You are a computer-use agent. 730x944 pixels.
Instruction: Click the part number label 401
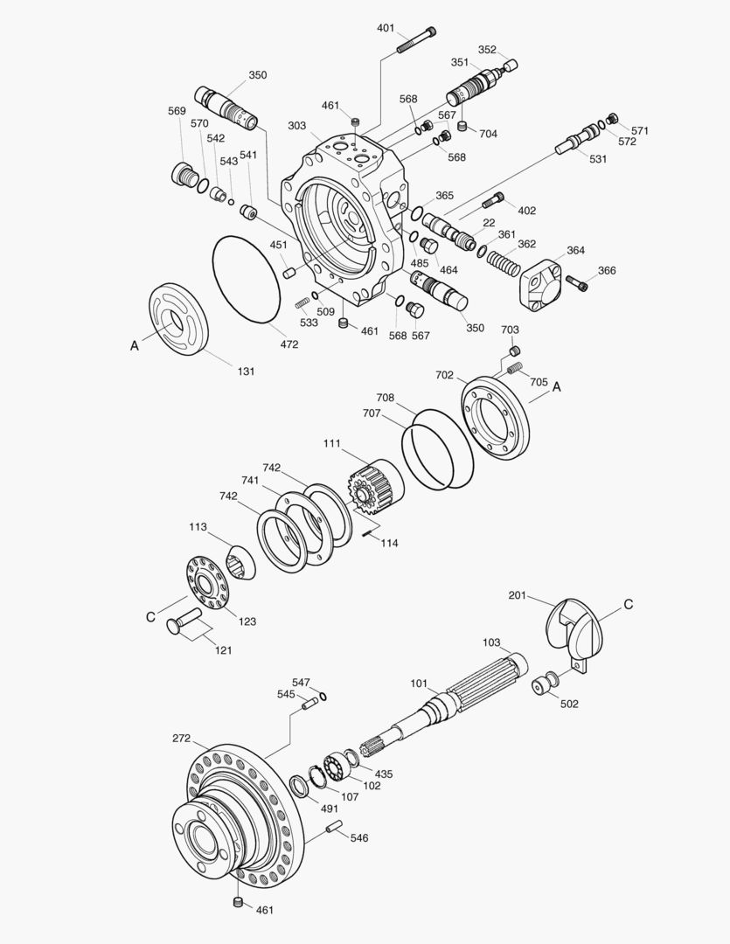click(386, 28)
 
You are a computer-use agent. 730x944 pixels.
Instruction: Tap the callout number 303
click(297, 126)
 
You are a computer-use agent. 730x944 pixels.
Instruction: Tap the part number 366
click(606, 271)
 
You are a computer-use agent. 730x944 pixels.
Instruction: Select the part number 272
click(181, 739)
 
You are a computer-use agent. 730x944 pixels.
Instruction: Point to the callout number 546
click(359, 838)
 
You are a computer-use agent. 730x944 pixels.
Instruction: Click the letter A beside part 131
click(135, 346)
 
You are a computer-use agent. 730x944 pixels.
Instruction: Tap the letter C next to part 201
click(628, 604)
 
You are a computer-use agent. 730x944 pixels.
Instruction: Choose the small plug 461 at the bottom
click(238, 903)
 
